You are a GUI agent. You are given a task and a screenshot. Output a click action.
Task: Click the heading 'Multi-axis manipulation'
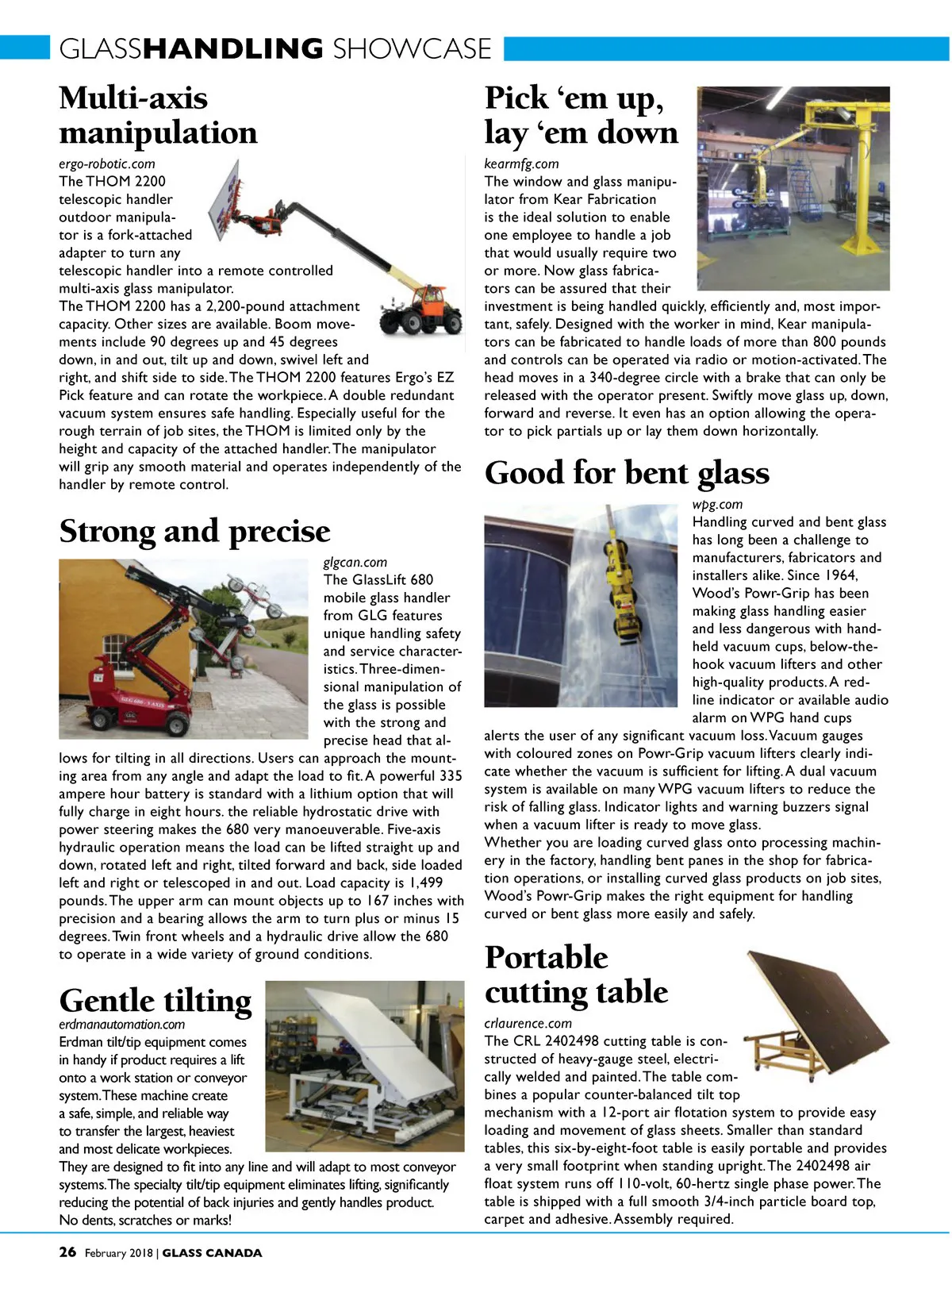(x=158, y=115)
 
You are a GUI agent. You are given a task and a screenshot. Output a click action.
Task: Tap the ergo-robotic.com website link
(x=107, y=163)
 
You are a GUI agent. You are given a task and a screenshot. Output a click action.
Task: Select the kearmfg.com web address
(x=521, y=163)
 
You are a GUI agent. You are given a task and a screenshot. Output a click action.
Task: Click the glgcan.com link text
(x=355, y=562)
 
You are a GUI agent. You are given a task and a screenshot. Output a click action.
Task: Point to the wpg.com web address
(x=717, y=504)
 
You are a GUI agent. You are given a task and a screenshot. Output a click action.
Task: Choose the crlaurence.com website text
(x=528, y=1023)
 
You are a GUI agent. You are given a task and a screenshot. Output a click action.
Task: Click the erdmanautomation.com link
(x=121, y=1025)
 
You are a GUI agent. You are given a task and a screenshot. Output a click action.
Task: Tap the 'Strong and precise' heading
(x=194, y=531)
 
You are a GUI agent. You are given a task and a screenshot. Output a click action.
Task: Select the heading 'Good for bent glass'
(x=627, y=473)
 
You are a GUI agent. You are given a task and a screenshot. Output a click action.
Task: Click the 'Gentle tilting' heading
(x=155, y=1001)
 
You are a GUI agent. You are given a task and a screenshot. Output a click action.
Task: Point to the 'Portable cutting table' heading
(x=576, y=975)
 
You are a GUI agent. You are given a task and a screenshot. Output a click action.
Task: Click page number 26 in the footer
(x=67, y=1252)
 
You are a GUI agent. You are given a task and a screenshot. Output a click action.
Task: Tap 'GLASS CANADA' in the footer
(x=212, y=1253)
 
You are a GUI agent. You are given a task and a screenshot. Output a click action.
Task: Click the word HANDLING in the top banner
(x=235, y=49)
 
